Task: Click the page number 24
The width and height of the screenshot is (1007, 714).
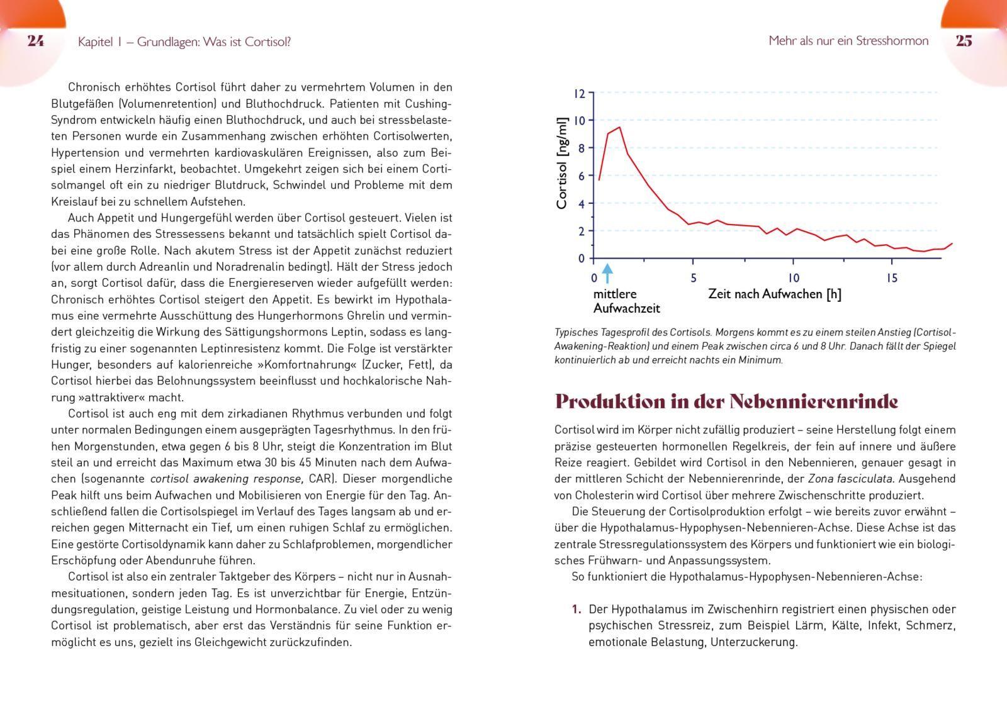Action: click(35, 41)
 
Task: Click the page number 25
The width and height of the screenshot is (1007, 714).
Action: click(964, 41)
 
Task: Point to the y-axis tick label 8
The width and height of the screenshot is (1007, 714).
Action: click(582, 148)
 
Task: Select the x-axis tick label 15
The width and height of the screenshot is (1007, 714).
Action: click(892, 278)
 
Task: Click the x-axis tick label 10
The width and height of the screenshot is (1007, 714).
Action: click(793, 278)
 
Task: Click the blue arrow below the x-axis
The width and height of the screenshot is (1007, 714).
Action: click(607, 273)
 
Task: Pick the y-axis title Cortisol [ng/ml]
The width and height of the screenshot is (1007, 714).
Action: click(562, 163)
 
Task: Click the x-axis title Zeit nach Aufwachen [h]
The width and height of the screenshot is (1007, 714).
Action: click(774, 294)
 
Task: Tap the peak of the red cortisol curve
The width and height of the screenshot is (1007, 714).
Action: click(619, 128)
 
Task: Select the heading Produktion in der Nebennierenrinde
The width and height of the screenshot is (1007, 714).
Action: click(726, 401)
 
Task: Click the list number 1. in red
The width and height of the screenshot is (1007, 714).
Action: click(576, 609)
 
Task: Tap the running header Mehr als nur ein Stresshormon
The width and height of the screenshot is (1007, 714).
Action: click(848, 41)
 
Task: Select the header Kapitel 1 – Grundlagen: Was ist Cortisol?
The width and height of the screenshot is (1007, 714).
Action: click(184, 42)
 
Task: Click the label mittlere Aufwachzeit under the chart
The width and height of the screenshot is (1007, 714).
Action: click(626, 301)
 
